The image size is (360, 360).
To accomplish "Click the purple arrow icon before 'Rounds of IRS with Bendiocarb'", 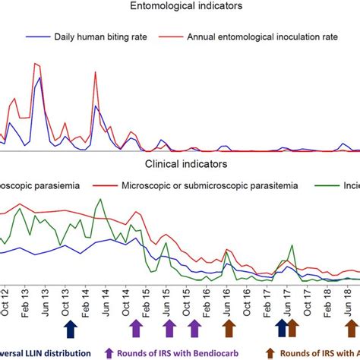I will pos(109,352).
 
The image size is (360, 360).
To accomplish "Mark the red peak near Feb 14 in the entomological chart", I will pos(95,73).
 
